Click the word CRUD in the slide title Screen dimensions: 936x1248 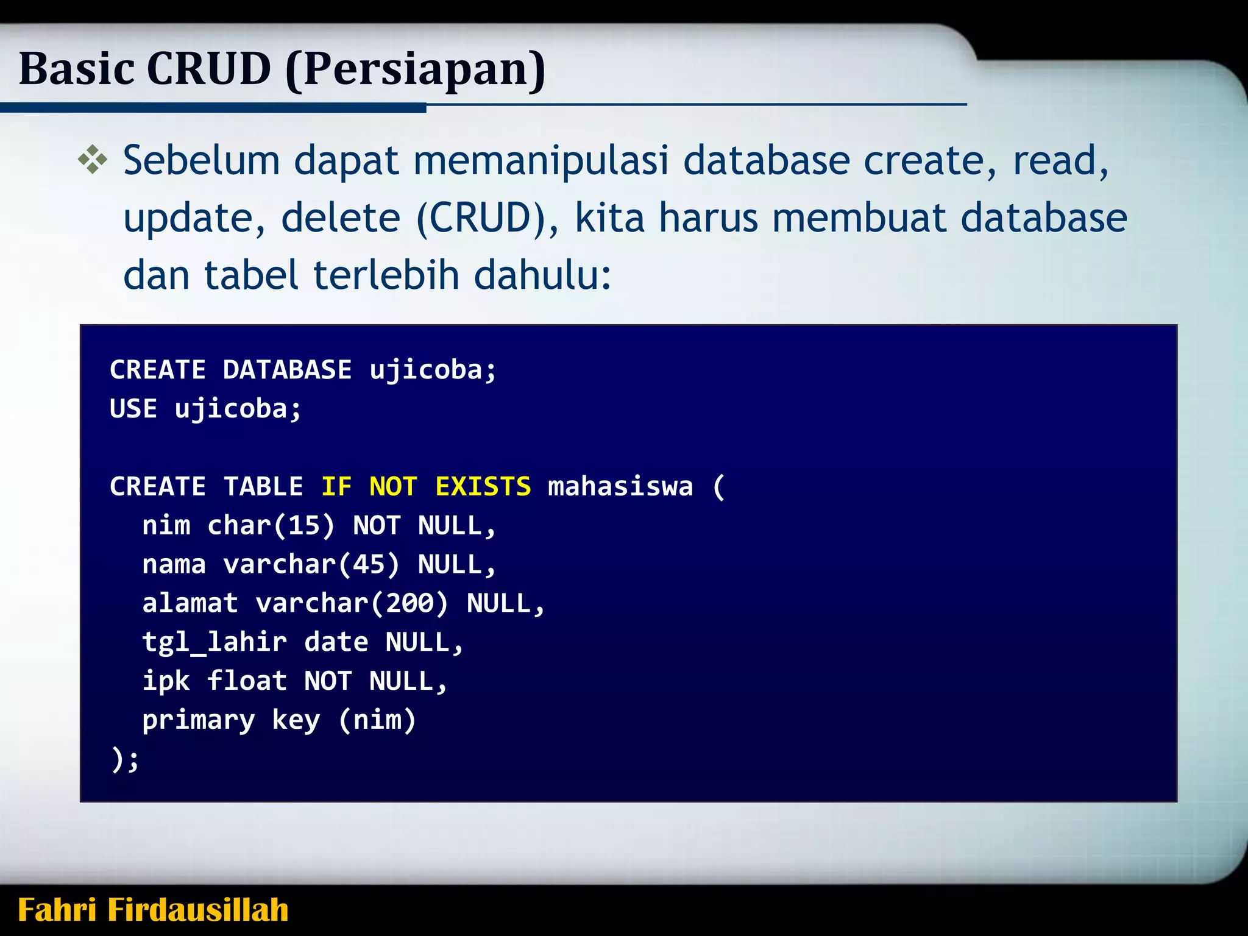click(208, 68)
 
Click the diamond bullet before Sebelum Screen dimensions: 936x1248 click(93, 160)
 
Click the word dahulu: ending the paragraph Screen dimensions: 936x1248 click(542, 275)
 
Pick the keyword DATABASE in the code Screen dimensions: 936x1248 click(287, 370)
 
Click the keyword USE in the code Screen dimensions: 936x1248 click(133, 408)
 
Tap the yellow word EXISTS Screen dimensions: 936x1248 click(483, 486)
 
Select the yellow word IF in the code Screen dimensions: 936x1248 click(336, 486)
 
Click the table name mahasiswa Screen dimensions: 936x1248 click(620, 486)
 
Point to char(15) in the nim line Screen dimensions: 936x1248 click(271, 525)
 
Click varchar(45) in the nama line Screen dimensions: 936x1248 click(311, 564)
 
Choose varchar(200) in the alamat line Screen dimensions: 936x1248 click(352, 603)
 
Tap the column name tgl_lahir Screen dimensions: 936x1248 click(214, 642)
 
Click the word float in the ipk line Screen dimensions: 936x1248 click(247, 681)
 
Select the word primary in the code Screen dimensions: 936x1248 click(199, 720)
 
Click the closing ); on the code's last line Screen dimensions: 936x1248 click(125, 759)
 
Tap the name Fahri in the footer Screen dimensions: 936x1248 click(57, 910)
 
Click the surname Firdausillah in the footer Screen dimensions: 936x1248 click(198, 910)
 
